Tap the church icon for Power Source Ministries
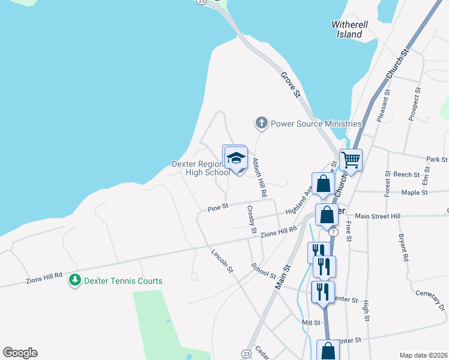(261, 124)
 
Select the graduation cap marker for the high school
(237, 158)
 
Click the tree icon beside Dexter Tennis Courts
(75, 280)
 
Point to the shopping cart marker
(351, 160)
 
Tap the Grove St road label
(291, 85)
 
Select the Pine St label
(218, 208)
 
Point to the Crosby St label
(252, 220)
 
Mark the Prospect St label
(414, 104)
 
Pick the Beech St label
(406, 175)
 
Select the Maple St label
(414, 193)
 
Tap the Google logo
(20, 353)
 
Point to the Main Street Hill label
(377, 216)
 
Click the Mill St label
(312, 322)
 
